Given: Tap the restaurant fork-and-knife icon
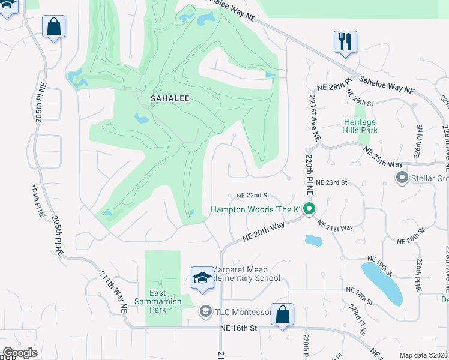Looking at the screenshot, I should [x=345, y=42].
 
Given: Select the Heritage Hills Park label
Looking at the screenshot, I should [x=360, y=125].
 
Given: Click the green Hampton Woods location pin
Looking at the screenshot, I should [x=310, y=209].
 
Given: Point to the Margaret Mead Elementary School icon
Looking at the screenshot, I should [x=202, y=278].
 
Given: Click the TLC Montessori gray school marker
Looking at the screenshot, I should [x=205, y=312].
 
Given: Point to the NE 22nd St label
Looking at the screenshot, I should [x=253, y=196].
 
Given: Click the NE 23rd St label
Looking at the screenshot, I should [x=331, y=182].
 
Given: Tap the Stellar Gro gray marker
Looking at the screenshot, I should [x=402, y=178].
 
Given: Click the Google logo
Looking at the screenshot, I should [x=20, y=353].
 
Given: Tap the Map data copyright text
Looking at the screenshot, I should [x=423, y=355].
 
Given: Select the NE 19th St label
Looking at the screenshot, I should [x=378, y=265].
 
